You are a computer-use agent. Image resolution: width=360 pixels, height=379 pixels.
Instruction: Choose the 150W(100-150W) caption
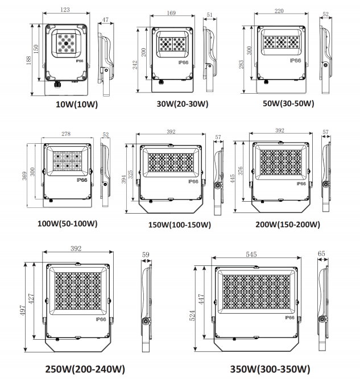click(180, 225)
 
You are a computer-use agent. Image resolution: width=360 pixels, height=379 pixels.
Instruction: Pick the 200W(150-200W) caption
click(287, 224)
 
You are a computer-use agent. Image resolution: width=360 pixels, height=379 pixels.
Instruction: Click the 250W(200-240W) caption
click(85, 369)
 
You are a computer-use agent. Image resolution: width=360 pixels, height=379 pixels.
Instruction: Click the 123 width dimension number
click(67, 10)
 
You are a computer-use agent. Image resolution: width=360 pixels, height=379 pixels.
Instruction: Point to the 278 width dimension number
click(67, 134)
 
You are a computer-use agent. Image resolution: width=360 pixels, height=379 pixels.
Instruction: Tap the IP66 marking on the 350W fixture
click(288, 318)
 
